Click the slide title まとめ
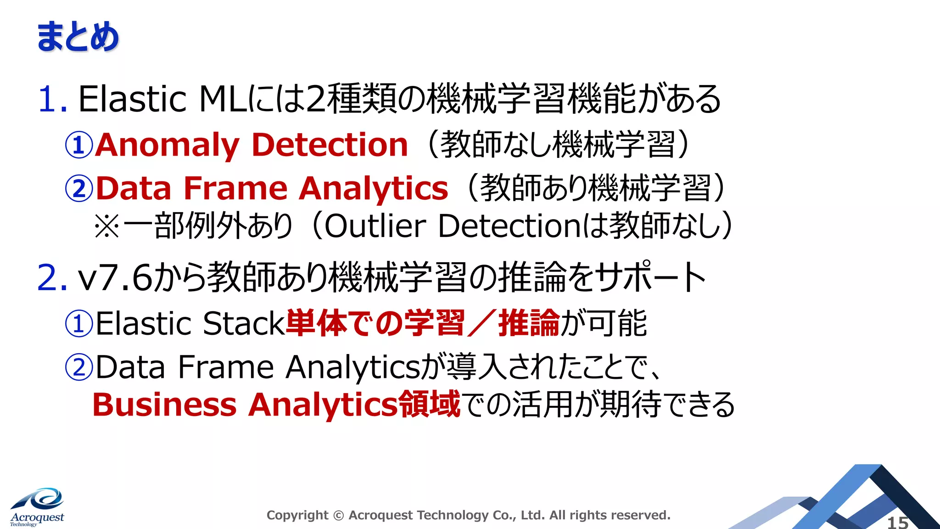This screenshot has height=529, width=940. point(78,37)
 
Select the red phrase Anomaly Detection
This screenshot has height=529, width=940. point(252,145)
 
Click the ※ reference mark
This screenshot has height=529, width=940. point(107,226)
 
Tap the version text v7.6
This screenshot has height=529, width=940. point(115,277)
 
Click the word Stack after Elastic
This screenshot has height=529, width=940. point(244,323)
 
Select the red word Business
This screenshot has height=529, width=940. point(164,405)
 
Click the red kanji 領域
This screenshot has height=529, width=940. point(430,404)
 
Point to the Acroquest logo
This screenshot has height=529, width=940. point(37,507)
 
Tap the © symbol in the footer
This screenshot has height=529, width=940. point(338,516)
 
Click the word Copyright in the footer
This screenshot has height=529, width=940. point(297,516)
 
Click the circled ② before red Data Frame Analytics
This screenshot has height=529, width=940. point(79,189)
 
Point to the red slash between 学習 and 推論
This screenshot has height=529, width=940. point(481,323)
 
